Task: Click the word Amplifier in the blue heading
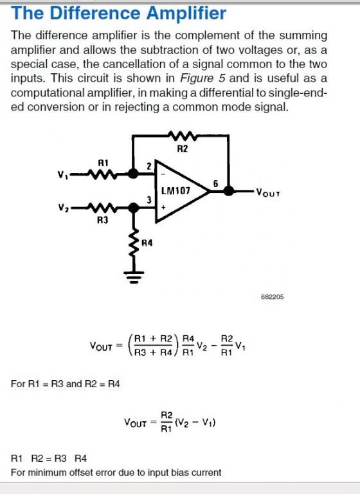(x=186, y=14)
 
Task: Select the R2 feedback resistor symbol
(x=183, y=136)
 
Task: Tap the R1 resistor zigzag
(x=102, y=174)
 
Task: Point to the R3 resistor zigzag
(x=102, y=208)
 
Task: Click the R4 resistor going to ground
(x=134, y=242)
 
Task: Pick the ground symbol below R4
(x=134, y=277)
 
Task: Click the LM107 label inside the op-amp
(x=175, y=190)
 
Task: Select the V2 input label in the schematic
(x=62, y=208)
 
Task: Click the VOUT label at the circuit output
(x=268, y=192)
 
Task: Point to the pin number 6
(x=216, y=183)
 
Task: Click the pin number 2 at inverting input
(x=149, y=166)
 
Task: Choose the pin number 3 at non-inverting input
(x=149, y=200)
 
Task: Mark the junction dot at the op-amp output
(x=229, y=190)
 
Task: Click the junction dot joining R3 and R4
(x=134, y=208)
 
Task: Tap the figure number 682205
(x=273, y=297)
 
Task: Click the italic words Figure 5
(x=203, y=78)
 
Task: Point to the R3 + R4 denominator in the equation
(x=154, y=352)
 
